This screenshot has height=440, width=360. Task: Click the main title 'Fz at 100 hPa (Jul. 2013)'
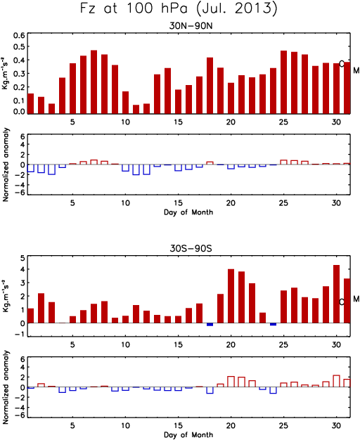pos(179,8)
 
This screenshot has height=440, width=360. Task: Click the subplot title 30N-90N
pos(191,26)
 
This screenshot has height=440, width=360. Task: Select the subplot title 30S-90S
pos(191,248)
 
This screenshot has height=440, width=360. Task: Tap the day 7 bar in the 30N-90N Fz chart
pos(94,82)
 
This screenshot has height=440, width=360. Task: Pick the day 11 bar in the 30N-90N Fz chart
pos(136,109)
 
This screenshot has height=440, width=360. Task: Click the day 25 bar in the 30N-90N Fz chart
pos(283,82)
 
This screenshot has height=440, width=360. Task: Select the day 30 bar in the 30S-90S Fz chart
pos(336,294)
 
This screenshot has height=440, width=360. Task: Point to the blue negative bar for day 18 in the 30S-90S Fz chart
pos(210,325)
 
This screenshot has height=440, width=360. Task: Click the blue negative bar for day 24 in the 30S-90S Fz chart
pos(273,325)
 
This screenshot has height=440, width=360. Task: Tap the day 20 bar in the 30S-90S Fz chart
pos(231,296)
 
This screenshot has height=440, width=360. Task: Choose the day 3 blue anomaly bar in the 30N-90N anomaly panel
pos(51,169)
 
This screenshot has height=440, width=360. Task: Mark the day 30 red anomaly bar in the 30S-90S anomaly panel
pos(336,381)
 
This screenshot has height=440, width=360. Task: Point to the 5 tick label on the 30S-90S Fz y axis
pos(22,258)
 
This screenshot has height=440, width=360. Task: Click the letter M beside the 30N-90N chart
pos(356,70)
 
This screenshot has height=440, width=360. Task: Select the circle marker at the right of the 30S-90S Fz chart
pos(342,302)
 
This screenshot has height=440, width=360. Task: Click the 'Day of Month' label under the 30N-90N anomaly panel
pos(188,212)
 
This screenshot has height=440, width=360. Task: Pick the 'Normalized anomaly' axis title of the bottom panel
pos(6,387)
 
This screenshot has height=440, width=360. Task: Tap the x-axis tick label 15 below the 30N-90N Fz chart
pos(178,122)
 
